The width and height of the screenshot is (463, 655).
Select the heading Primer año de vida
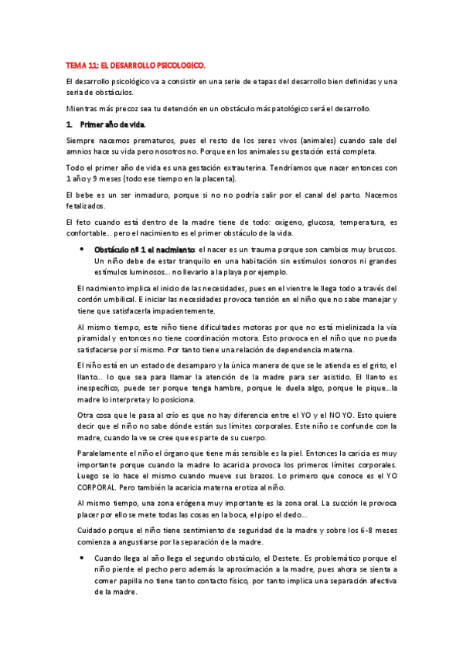pos(112,124)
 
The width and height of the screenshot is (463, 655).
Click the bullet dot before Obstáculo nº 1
pos(82,249)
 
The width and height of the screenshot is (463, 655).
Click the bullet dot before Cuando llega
pos(82,557)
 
